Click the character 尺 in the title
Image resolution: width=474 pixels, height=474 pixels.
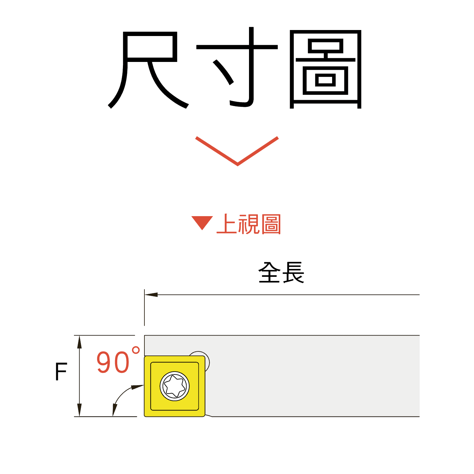point(149,70)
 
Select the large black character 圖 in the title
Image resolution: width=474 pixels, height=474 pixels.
point(325,70)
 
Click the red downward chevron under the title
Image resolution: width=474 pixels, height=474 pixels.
point(237,151)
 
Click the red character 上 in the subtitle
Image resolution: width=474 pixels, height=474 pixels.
point(227,224)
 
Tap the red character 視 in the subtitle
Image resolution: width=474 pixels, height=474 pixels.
point(249,224)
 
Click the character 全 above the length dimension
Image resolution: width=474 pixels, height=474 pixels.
point(270,272)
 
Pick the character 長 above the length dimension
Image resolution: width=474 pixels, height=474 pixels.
point(293,272)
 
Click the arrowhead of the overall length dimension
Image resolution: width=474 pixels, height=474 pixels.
point(151,295)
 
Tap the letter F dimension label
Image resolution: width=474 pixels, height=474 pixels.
point(61,372)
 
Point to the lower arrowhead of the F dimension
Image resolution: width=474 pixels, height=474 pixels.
point(79,410)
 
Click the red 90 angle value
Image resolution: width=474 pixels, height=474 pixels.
point(113,362)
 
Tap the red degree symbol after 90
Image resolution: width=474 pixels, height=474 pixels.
point(136,350)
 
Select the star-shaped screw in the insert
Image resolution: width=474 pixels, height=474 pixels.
point(174,386)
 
